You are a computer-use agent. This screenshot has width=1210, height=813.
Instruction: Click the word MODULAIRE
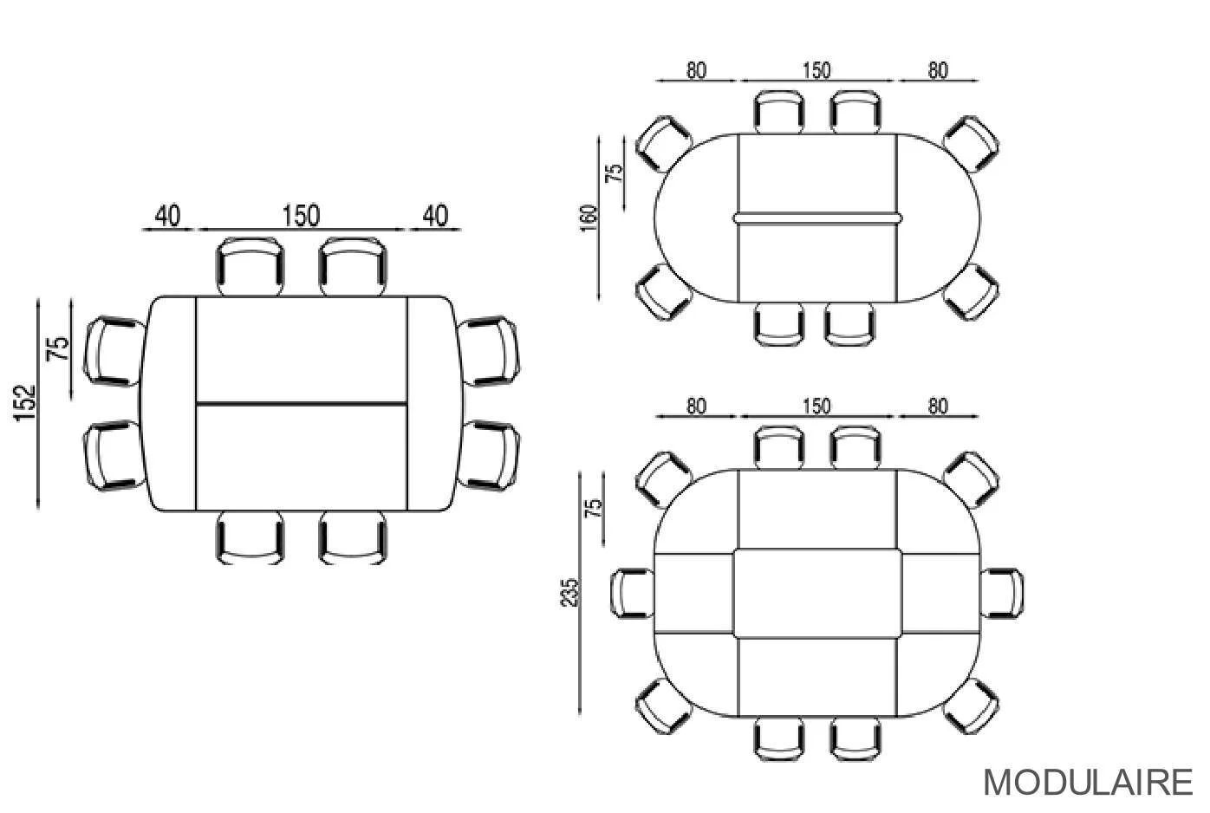[1088, 782]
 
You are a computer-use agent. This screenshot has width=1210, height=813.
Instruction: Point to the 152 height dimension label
[24, 402]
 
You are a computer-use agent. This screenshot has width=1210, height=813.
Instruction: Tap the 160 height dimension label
[589, 218]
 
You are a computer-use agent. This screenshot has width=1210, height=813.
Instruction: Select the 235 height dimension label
[569, 593]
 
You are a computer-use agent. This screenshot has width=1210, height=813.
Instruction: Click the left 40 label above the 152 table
[167, 216]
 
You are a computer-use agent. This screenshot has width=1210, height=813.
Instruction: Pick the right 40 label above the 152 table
[435, 216]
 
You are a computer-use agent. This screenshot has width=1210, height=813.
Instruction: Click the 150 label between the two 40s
[302, 216]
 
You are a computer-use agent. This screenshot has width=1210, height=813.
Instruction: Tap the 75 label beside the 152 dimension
[58, 348]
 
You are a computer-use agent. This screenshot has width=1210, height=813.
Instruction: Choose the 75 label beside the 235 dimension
[593, 508]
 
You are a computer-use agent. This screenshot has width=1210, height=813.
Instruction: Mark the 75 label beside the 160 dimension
[614, 172]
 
